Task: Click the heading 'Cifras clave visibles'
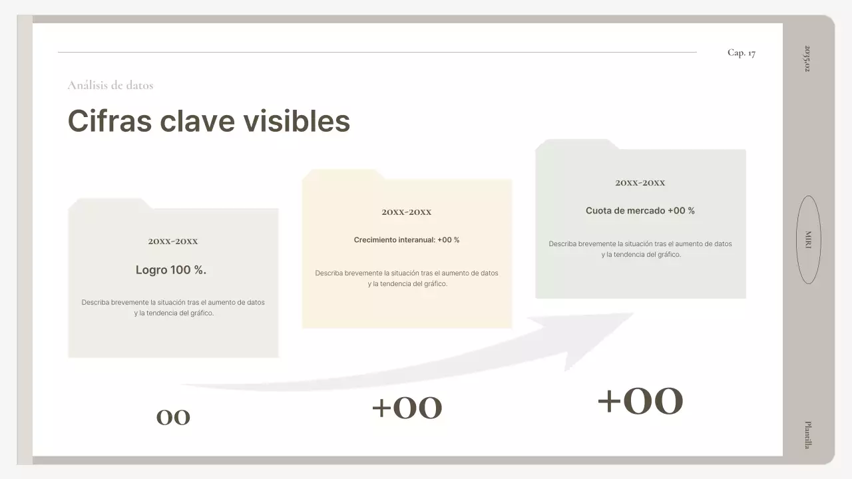pos(208,121)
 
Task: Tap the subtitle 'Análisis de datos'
pos(110,85)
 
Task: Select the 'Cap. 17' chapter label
pos(741,53)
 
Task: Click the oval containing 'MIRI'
pos(808,239)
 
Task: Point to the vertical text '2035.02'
pos(807,59)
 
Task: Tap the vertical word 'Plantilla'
pos(807,434)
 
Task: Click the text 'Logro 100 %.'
pos(171,270)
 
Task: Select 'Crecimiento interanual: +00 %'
pos(407,239)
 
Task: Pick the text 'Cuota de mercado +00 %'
pos(640,210)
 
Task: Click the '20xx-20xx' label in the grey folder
pos(173,241)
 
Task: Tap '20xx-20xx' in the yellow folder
pos(407,212)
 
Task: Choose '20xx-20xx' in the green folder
pos(640,183)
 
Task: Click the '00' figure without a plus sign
pos(173,417)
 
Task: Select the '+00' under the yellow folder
pos(407,408)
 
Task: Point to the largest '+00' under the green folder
pos(640,401)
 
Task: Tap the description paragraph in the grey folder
pos(173,307)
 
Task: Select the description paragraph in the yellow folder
pos(407,278)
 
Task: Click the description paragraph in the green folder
pos(640,249)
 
